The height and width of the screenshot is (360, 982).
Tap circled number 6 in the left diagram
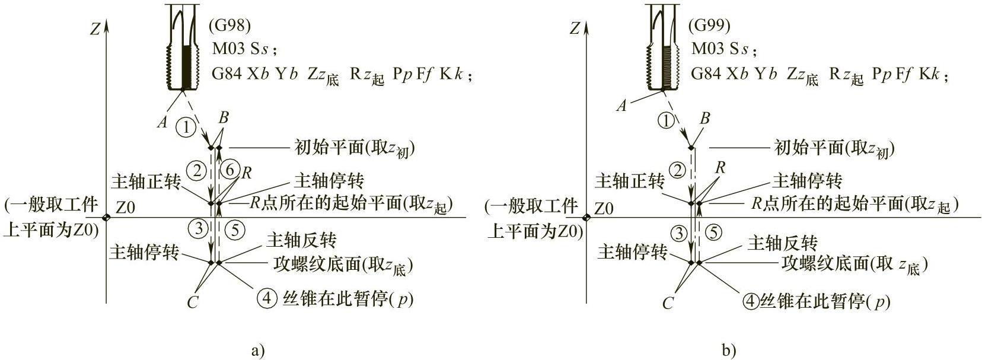click(232, 170)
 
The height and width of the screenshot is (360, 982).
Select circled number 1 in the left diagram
click(187, 126)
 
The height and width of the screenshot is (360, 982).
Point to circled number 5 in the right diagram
click(715, 232)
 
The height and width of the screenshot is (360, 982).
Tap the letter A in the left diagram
click(162, 122)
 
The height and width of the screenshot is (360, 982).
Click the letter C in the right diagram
click(668, 304)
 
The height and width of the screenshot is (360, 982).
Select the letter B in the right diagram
click(704, 119)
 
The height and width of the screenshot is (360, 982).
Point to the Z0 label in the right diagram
click(604, 209)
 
